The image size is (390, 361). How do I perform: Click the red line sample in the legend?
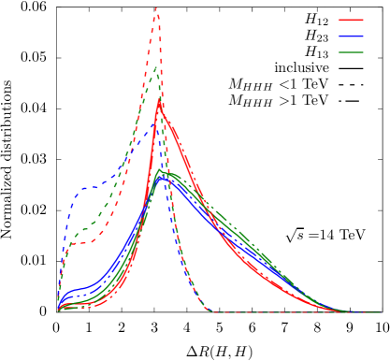[351, 19]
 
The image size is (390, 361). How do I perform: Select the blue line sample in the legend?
[351, 36]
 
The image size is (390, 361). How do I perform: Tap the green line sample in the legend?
[351, 52]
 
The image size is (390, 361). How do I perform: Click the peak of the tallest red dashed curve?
[156, 9]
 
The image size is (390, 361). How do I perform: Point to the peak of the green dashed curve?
[156, 66]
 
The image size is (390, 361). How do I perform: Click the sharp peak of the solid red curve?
[158, 104]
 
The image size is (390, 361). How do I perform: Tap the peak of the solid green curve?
[161, 171]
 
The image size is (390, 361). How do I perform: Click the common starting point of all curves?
[58, 310]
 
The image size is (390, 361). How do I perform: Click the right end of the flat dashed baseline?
[379, 311]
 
